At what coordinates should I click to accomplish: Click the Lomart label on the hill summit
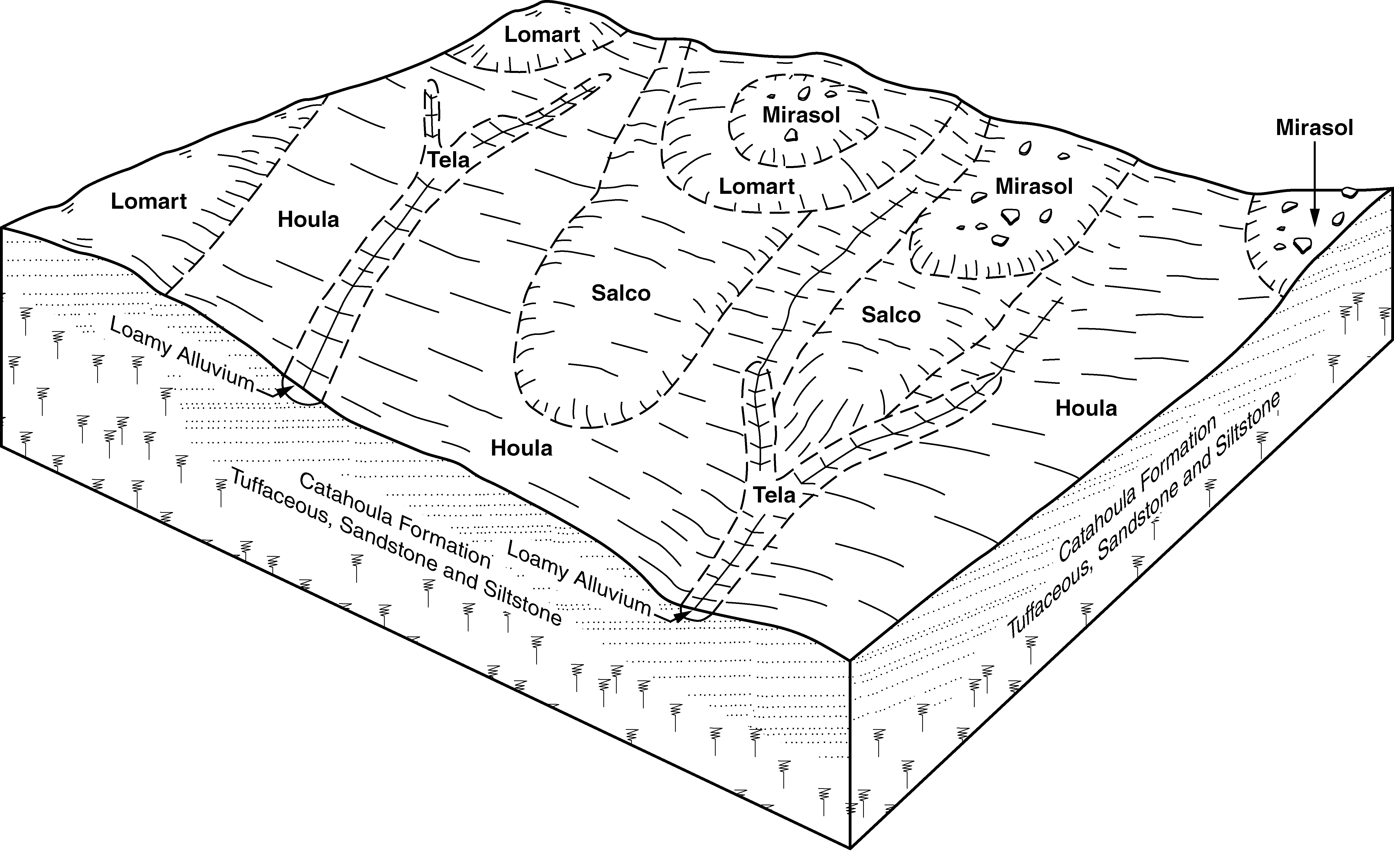coord(542,35)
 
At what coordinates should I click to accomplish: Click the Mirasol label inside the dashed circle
coord(801,115)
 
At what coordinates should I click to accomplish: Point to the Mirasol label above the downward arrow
coord(1314,128)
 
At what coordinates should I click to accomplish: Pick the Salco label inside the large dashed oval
coord(621,293)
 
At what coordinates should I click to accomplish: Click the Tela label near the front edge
coord(775,496)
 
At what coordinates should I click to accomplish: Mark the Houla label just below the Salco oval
coord(521,448)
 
